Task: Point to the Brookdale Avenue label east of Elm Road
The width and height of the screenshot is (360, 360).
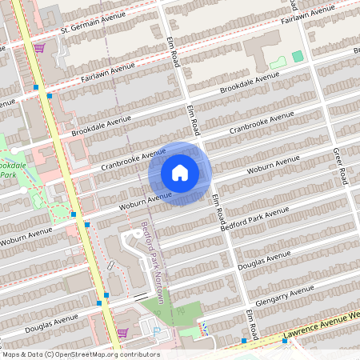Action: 250,82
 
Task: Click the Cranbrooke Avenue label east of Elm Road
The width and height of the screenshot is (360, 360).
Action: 262,124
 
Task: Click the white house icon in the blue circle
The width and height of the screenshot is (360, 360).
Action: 180,173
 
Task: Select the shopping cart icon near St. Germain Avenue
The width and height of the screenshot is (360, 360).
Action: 39,48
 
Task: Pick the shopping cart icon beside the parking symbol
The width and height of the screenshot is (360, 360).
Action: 122,332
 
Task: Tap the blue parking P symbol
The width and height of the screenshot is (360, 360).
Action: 157,331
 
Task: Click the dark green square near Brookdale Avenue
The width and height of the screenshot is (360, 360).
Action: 298,56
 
